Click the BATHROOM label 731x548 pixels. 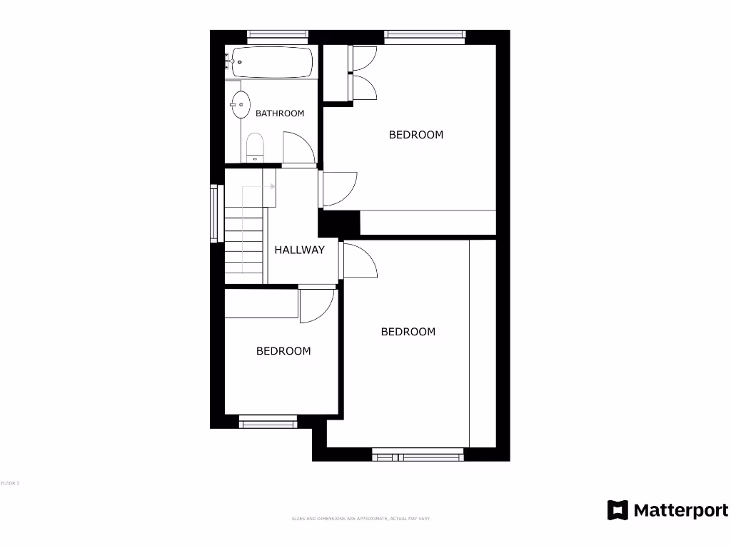pos(280,113)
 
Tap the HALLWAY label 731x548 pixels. pos(300,250)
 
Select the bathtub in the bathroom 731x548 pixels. pos(272,63)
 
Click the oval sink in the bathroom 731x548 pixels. pos(241,105)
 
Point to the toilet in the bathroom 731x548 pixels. pos(255,148)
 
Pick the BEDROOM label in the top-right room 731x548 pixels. pos(415,134)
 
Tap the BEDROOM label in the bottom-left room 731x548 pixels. pos(283,351)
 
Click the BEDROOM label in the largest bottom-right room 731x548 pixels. pos(408,332)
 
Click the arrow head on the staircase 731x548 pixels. pos(273,187)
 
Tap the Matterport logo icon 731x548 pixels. pos(617,510)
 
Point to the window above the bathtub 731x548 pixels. pos(278,34)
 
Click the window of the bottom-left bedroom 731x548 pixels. pos(268,424)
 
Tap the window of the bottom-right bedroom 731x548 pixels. pos(418,452)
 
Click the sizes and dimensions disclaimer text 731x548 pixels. pos(361,518)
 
